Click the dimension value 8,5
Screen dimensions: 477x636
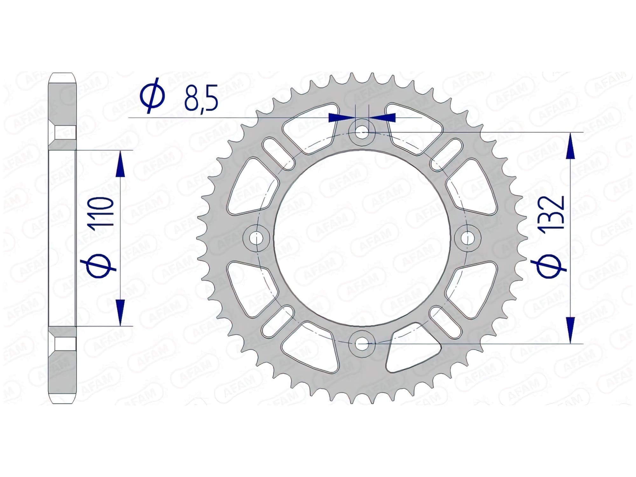click(201, 98)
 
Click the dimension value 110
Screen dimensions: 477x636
click(102, 211)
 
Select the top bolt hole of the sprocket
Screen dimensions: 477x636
click(362, 132)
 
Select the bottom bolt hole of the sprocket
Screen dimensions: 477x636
click(362, 343)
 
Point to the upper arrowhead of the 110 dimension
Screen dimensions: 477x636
click(120, 164)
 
